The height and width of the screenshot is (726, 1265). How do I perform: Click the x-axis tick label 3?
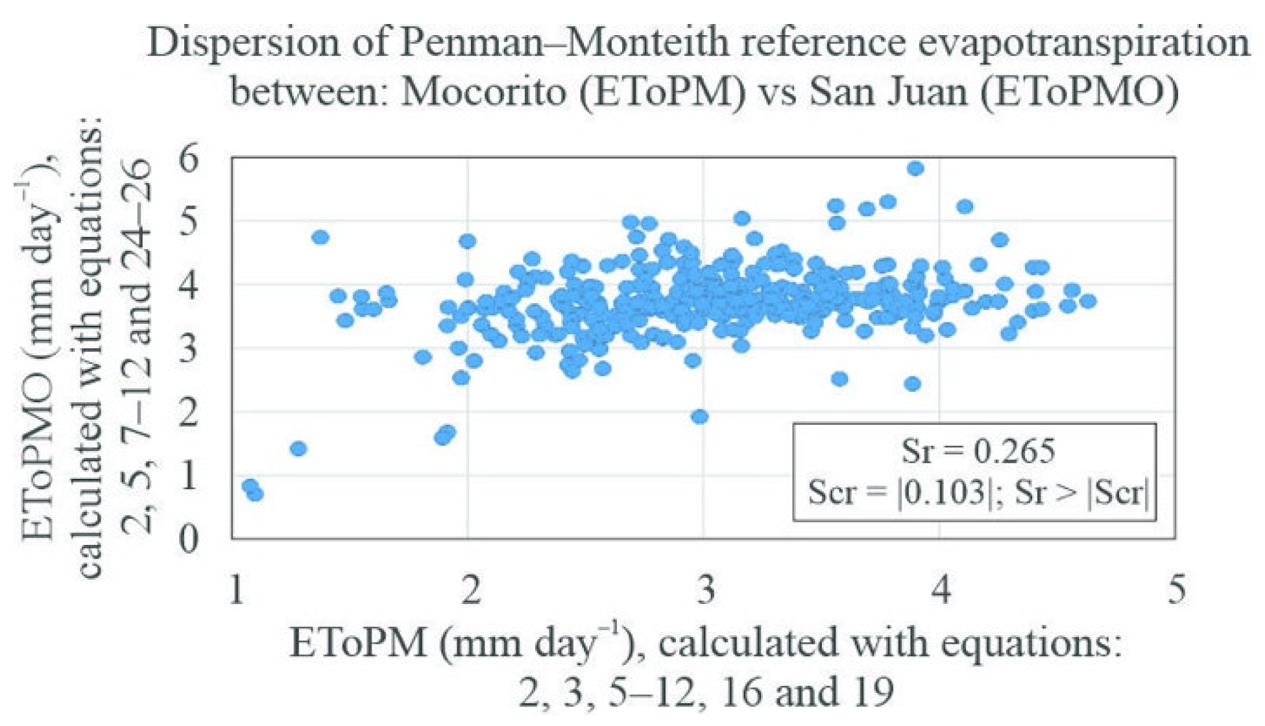click(x=706, y=589)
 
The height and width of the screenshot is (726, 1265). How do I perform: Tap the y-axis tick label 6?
click(x=189, y=159)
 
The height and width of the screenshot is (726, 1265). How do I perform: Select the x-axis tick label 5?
click(x=1176, y=589)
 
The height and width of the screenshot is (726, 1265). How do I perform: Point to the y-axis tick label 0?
click(x=189, y=538)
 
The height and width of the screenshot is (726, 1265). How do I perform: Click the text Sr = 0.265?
click(x=978, y=450)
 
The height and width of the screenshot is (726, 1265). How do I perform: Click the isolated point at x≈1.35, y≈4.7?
click(x=320, y=237)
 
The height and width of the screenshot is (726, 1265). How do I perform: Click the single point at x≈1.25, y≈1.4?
click(x=298, y=448)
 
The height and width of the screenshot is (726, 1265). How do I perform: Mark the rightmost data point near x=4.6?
click(x=1088, y=301)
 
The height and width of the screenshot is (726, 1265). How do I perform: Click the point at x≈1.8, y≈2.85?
click(x=423, y=357)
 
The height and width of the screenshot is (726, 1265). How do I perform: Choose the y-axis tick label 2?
click(x=189, y=411)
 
